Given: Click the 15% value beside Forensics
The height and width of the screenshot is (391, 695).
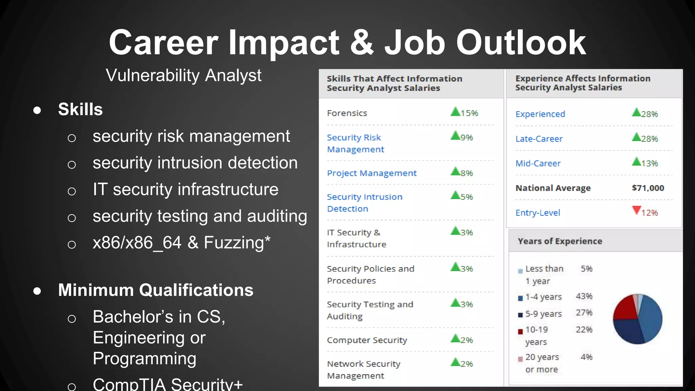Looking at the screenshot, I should [469, 113].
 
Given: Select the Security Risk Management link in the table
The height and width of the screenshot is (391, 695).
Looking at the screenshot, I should [355, 143].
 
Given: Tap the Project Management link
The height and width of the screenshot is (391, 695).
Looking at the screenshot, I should [372, 173].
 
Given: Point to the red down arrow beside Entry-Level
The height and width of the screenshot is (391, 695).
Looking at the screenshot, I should [636, 210].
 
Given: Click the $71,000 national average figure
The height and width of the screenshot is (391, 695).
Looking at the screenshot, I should [648, 188].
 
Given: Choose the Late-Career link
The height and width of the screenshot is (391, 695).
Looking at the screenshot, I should [539, 139].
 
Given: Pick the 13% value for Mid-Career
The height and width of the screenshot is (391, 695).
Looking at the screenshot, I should [650, 163].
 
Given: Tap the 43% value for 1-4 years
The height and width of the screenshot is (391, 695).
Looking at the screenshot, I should [584, 296].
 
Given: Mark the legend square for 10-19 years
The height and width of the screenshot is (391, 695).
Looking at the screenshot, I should [520, 332].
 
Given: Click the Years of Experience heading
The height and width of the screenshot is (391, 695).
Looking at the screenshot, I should [560, 241].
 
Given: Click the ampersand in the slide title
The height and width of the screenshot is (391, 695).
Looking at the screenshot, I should [362, 43].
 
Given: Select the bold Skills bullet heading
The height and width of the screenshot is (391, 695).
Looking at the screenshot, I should [80, 109].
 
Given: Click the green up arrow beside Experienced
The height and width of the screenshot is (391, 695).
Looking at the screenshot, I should [636, 112].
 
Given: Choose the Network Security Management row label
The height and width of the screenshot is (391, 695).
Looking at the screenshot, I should [363, 370].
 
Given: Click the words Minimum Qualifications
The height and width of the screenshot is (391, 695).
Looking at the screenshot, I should [156, 290].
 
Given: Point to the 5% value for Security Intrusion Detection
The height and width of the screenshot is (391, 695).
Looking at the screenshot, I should [467, 197].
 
